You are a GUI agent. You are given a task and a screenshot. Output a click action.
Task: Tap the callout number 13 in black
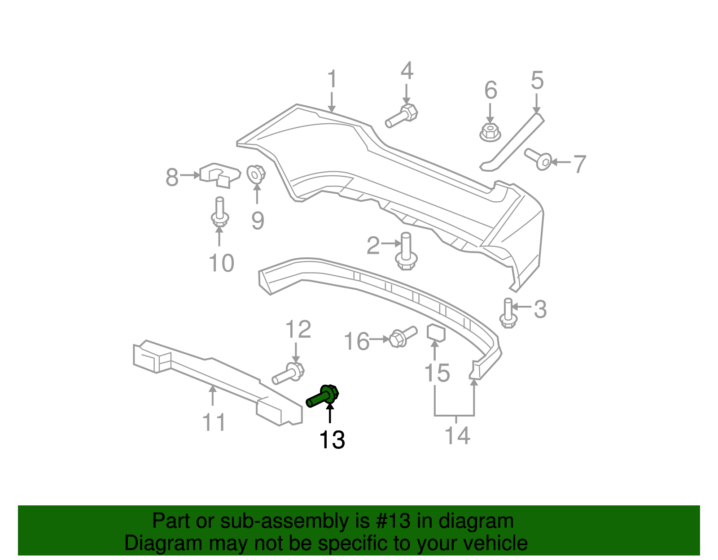pyautogui.click(x=332, y=440)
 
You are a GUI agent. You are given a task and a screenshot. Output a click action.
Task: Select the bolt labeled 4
pyautogui.click(x=402, y=116)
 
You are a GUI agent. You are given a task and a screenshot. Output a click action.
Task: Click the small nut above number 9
pyautogui.click(x=256, y=174)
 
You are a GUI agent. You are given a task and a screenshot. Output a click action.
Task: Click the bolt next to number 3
pyautogui.click(x=508, y=313)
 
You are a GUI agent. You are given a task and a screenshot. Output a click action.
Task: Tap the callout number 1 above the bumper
pyautogui.click(x=332, y=79)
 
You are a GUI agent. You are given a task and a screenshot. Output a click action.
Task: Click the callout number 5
pyautogui.click(x=537, y=80)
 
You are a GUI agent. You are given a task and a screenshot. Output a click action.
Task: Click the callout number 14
pyautogui.click(x=457, y=435)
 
